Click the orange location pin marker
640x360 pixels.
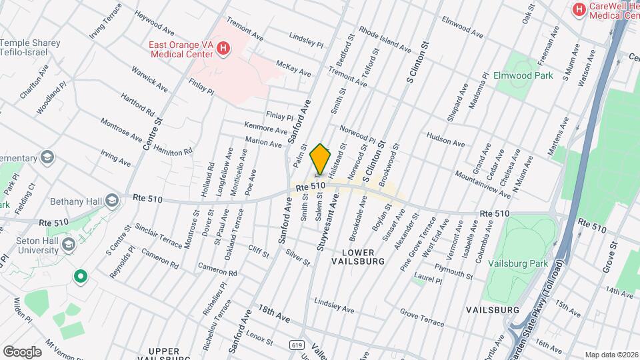tap(321, 159)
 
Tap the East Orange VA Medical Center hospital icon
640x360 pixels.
tap(223, 48)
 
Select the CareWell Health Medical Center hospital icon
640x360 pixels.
tap(578, 9)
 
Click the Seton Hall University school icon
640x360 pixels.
tap(67, 245)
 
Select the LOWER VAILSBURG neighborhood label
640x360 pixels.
tap(363, 257)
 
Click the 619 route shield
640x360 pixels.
tap(295, 345)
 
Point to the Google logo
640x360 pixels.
tap(22, 351)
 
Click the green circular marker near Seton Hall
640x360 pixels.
tap(81, 275)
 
